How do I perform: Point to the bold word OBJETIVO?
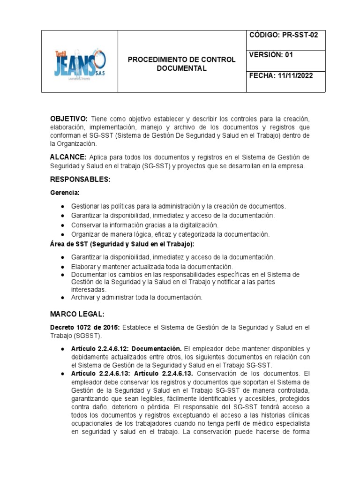(69, 119)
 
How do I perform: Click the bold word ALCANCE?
(68, 157)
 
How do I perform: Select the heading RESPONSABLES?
(80, 180)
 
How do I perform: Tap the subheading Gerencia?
(65, 193)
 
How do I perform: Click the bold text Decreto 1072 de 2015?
(85, 327)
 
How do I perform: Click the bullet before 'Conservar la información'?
(62, 225)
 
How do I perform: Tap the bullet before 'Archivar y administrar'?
(62, 298)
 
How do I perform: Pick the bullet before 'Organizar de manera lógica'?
(62, 234)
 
